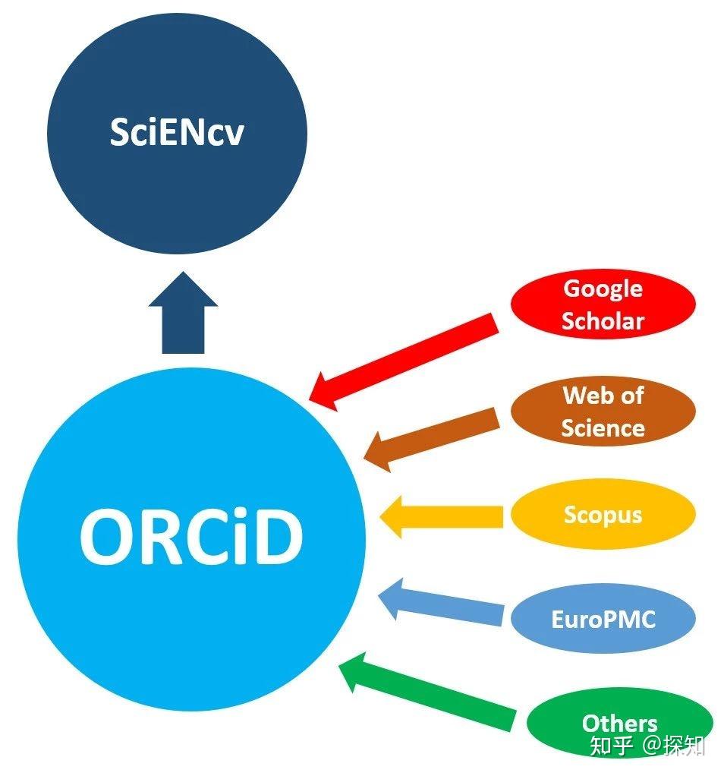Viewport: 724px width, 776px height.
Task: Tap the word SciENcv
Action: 177,132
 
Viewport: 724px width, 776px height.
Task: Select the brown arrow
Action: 433,438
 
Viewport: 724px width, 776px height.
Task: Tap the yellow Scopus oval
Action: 603,515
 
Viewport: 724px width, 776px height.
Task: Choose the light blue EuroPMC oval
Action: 603,619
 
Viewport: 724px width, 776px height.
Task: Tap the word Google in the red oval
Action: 603,289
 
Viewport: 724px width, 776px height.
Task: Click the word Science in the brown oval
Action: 603,427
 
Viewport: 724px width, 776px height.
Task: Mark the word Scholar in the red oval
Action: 603,320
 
